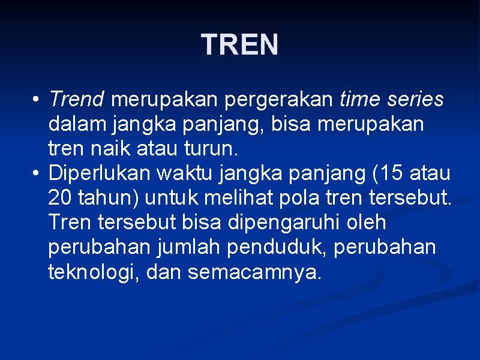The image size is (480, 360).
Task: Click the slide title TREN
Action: tap(240, 45)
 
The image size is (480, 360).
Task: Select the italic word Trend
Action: tap(77, 99)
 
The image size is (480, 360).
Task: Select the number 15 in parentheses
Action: tap(389, 173)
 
